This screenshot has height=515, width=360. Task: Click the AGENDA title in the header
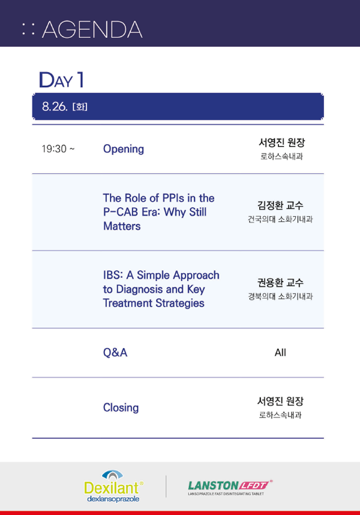click(x=92, y=29)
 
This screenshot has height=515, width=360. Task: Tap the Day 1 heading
click(x=61, y=80)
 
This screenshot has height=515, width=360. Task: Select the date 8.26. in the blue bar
click(x=55, y=106)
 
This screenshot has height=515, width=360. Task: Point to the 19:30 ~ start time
click(x=58, y=149)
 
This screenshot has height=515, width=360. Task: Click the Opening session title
click(x=124, y=149)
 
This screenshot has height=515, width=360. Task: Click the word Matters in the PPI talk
click(x=122, y=226)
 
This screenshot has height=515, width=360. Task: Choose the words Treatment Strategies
click(x=154, y=303)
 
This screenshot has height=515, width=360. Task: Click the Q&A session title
click(x=115, y=352)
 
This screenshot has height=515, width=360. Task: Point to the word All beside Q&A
click(x=280, y=352)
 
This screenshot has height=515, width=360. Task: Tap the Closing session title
click(x=121, y=408)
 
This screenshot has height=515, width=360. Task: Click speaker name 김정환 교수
click(x=280, y=206)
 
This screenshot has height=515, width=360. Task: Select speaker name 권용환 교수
click(x=280, y=283)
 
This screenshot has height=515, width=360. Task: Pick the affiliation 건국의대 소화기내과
click(x=280, y=219)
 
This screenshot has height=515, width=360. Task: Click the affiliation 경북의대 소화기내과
click(x=280, y=297)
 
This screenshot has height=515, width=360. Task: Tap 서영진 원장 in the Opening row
click(x=281, y=142)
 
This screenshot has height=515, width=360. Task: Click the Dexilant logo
click(x=113, y=486)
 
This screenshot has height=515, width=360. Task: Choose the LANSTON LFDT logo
click(x=230, y=487)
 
